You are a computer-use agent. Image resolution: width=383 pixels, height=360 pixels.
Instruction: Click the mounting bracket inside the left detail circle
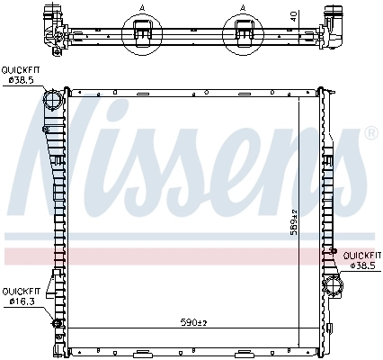tap(141, 32)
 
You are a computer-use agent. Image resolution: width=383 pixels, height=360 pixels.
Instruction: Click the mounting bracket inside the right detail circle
tap(244, 32)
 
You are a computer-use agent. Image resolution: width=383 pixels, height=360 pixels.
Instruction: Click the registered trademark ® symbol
tap(370, 134)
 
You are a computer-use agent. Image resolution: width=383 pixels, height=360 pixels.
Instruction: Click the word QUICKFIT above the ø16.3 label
tap(19, 291)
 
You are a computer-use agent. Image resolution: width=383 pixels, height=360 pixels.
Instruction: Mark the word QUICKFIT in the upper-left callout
tap(19, 69)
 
